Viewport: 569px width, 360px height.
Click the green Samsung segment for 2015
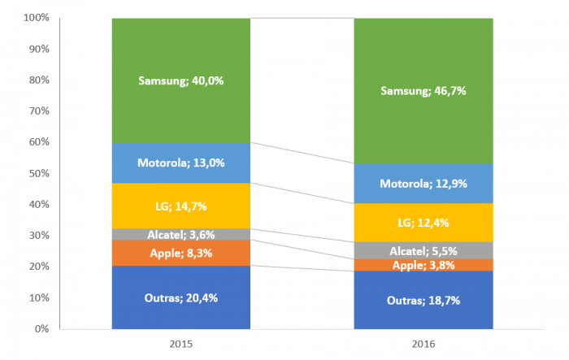[x=180, y=80]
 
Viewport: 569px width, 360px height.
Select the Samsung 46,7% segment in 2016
[x=423, y=90]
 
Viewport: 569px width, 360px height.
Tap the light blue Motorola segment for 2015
[x=180, y=163]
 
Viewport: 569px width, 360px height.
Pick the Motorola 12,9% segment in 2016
[x=423, y=184]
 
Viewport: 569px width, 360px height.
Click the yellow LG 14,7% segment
[x=180, y=206]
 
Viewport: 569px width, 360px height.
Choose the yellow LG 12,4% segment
[x=423, y=222]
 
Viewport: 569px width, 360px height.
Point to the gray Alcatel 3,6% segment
[x=180, y=235]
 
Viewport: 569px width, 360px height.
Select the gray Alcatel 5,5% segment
[x=423, y=250]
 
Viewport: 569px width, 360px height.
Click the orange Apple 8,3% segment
[x=180, y=253]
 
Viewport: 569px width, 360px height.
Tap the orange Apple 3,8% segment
[x=423, y=265]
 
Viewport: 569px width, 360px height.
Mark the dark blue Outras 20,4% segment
[x=180, y=297]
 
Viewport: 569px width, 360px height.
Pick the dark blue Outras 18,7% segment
[x=423, y=300]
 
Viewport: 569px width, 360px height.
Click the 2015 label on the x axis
[x=180, y=345]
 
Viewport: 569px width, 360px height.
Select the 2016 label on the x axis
[x=423, y=345]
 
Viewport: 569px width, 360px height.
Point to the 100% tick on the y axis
[x=37, y=18]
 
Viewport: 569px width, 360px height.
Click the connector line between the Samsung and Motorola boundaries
[x=302, y=153]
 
